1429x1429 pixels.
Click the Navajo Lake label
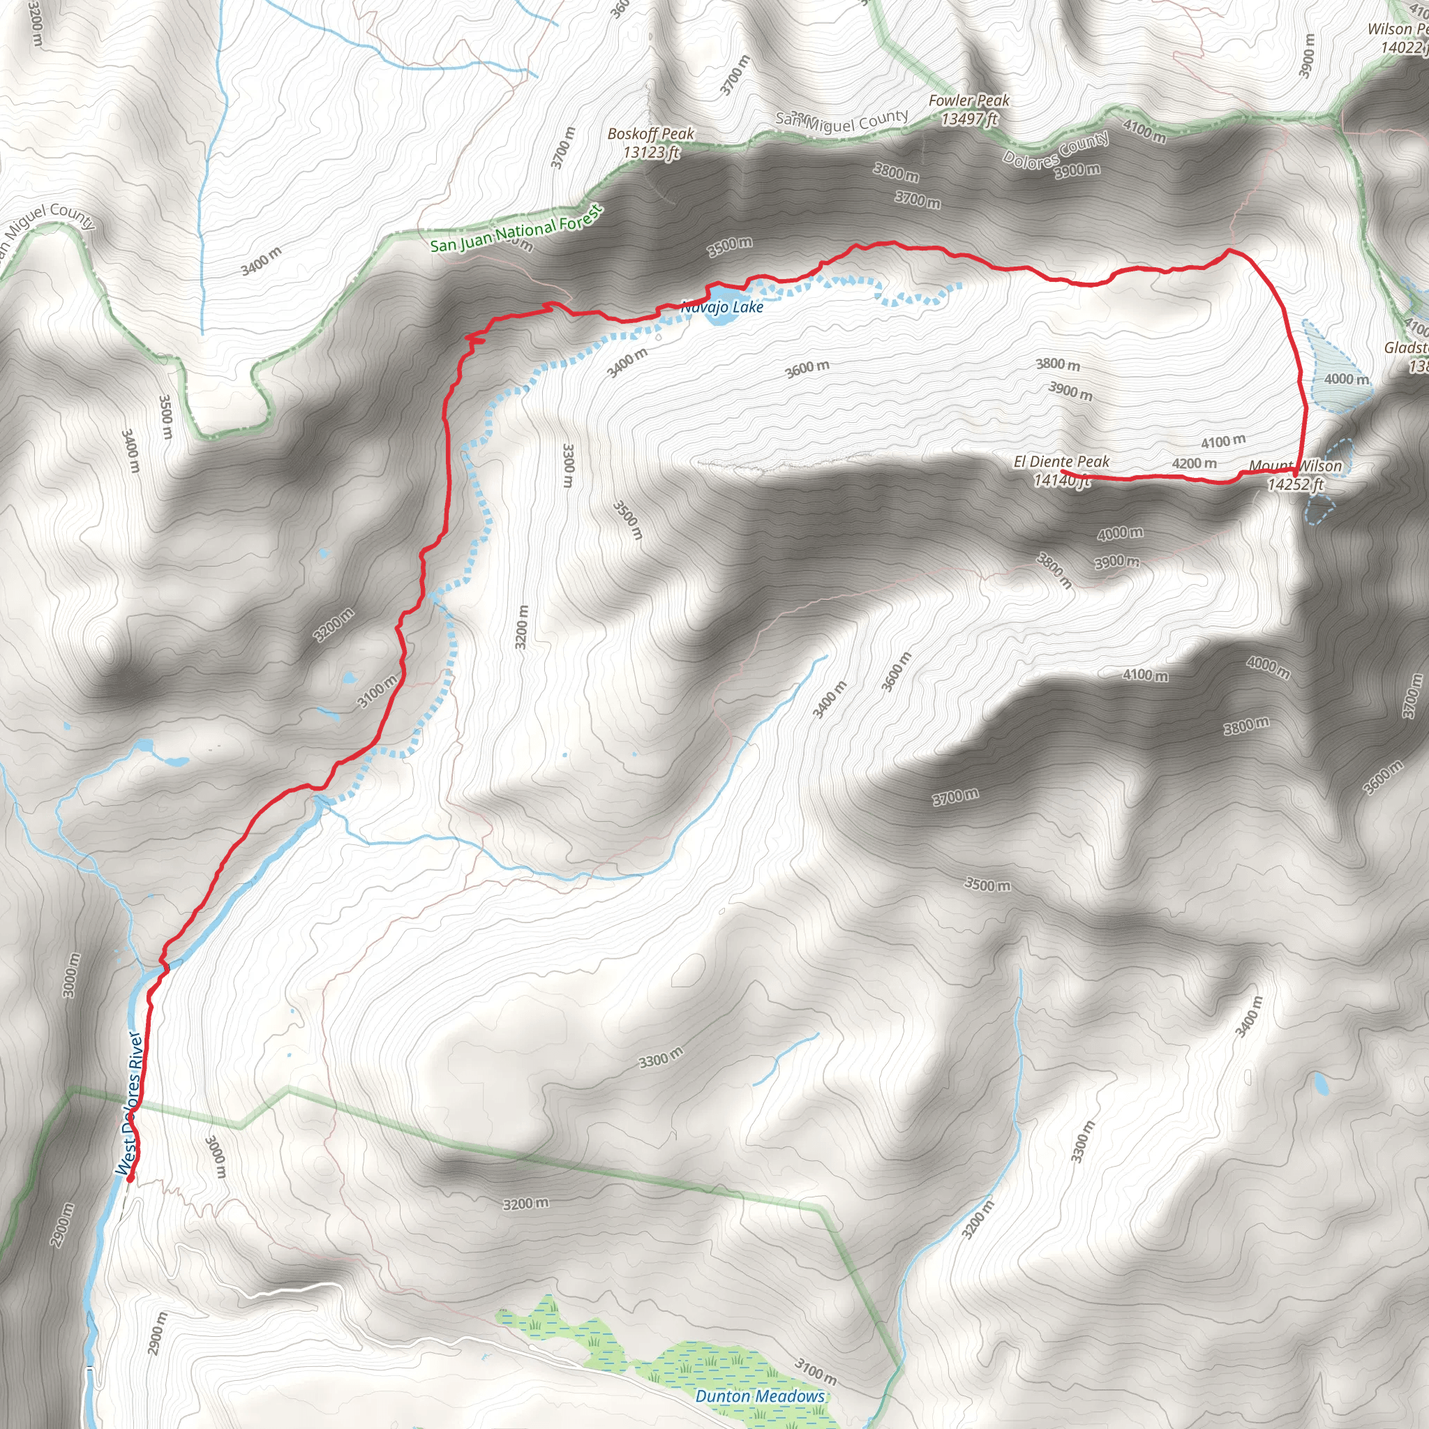pos(722,306)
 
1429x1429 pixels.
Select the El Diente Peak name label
pos(1061,461)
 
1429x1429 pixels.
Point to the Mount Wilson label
pos(1295,466)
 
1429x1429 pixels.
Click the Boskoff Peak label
pos(651,134)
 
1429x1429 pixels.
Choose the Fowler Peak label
pos(969,100)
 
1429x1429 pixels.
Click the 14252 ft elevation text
pos(1295,484)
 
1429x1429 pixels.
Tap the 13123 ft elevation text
pos(651,152)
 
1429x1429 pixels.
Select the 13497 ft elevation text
pos(969,119)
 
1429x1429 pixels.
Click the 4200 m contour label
pos(1194,463)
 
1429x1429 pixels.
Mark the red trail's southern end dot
pos(130,1179)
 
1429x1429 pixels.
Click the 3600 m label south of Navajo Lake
pos(807,368)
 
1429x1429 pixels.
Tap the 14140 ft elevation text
pos(1061,481)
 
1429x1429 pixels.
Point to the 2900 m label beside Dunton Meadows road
pos(158,1333)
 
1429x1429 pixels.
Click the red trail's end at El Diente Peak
pos(1063,471)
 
